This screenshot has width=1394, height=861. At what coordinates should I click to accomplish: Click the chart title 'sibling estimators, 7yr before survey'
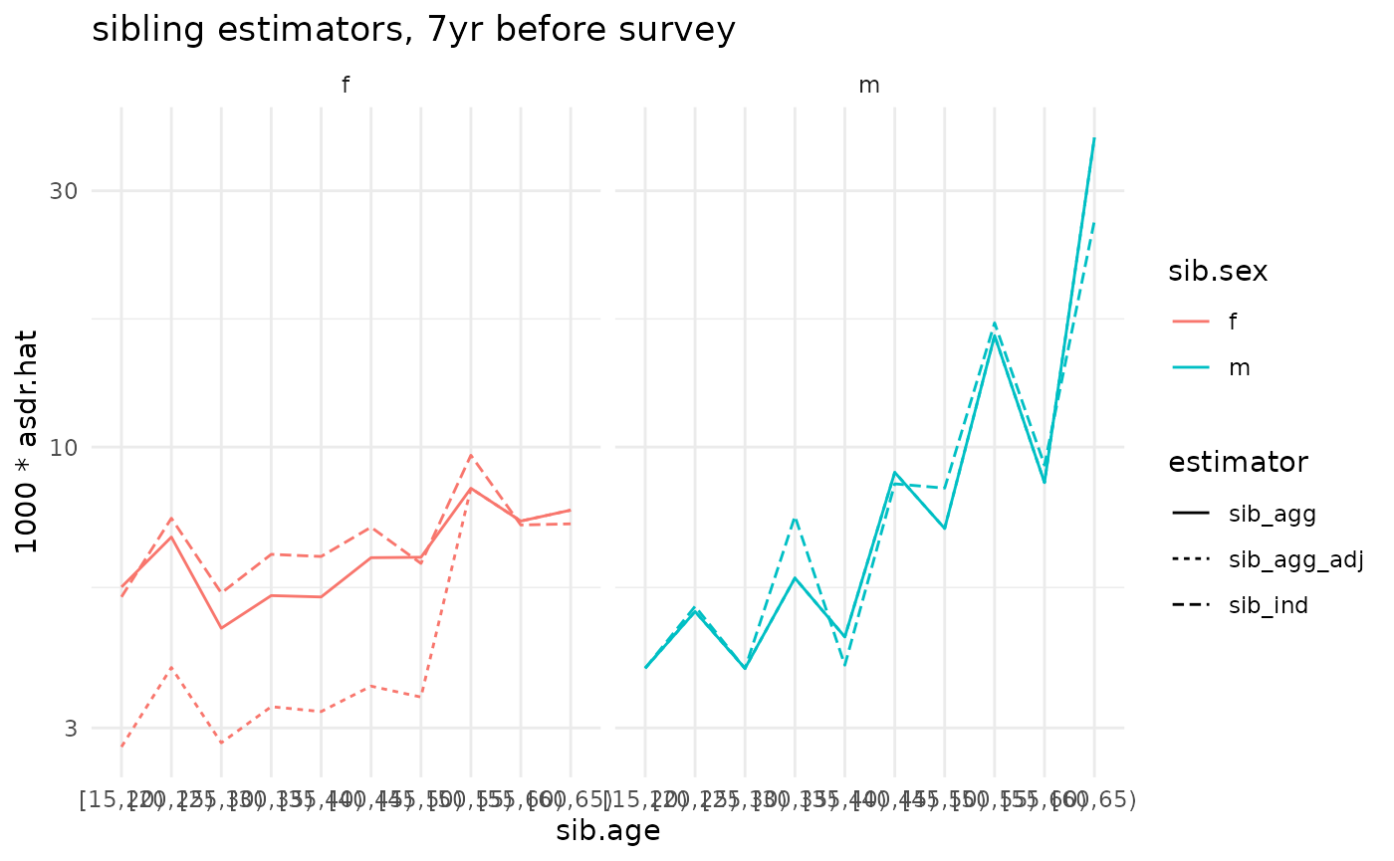click(x=413, y=30)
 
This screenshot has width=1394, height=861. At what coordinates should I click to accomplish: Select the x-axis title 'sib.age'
click(x=608, y=831)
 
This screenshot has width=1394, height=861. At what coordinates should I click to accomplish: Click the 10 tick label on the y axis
click(x=64, y=447)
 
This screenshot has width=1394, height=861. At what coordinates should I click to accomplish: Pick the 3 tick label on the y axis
click(x=70, y=729)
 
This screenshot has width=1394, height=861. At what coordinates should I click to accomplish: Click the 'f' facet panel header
click(x=346, y=86)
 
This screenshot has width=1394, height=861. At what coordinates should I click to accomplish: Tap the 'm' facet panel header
click(x=869, y=86)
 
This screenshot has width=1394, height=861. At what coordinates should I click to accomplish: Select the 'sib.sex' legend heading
click(x=1218, y=272)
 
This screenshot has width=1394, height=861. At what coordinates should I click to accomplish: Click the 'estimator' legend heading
click(x=1238, y=462)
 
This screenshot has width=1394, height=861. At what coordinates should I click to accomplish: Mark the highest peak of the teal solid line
click(x=1094, y=138)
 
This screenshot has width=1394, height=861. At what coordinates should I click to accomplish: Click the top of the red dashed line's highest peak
click(x=470, y=455)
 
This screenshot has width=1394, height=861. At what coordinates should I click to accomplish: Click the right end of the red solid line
click(x=571, y=510)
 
